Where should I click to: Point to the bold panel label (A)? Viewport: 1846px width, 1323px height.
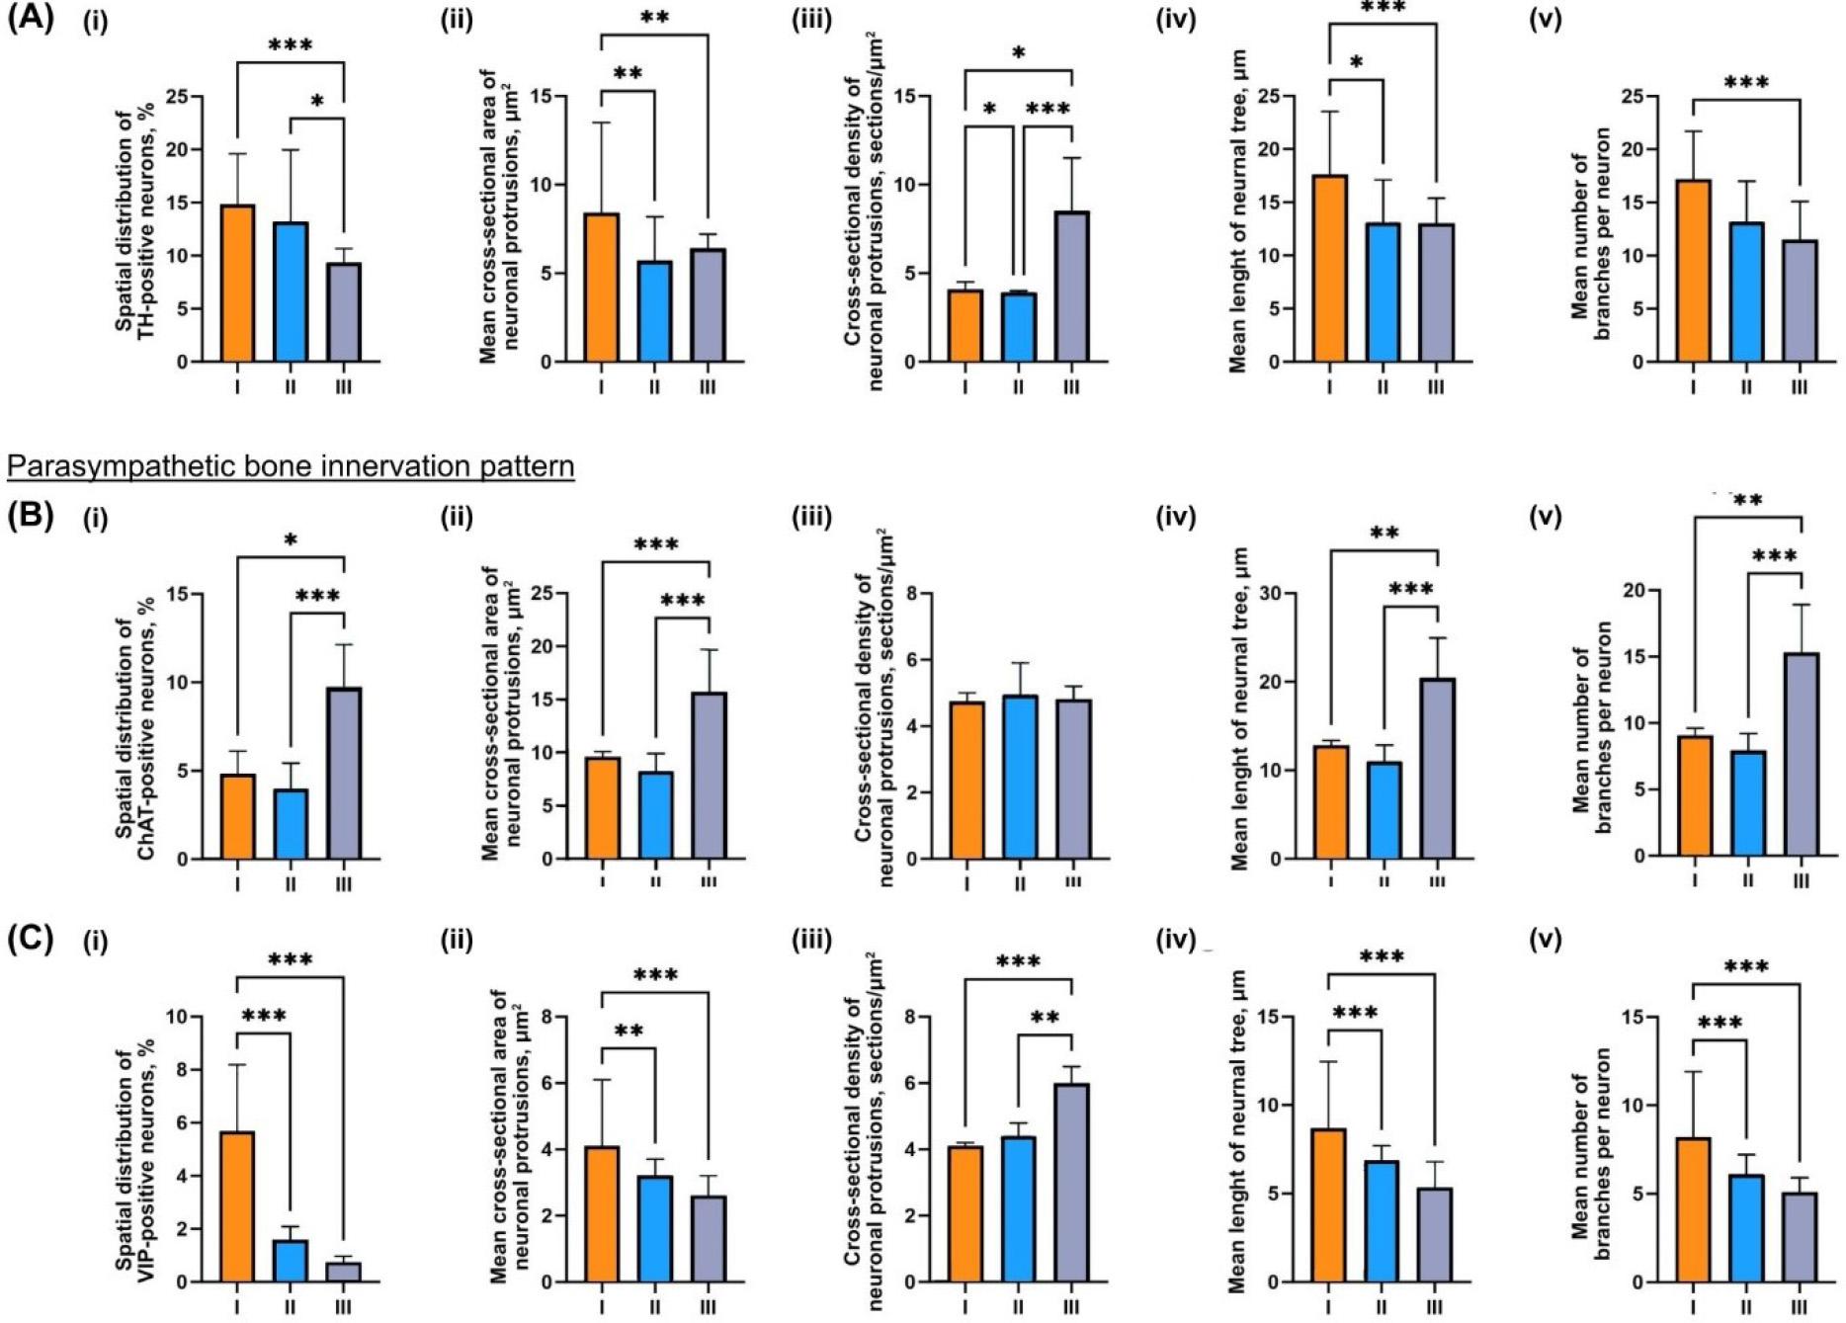click(x=31, y=19)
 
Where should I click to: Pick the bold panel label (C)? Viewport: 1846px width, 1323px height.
click(x=31, y=938)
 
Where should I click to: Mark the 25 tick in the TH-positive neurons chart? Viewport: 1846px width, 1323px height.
click(x=177, y=97)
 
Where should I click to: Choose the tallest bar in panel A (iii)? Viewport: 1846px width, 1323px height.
click(x=1072, y=287)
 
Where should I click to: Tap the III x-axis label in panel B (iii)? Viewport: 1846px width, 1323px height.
click(x=1072, y=882)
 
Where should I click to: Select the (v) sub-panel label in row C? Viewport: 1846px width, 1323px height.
click(x=1545, y=940)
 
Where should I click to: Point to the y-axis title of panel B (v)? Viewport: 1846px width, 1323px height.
click(x=1591, y=727)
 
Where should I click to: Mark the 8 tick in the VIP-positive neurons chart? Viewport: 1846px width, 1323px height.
click(x=177, y=1070)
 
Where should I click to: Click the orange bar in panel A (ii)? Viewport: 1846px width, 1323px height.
click(x=602, y=288)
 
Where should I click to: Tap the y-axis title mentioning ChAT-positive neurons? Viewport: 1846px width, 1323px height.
click(x=135, y=729)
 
